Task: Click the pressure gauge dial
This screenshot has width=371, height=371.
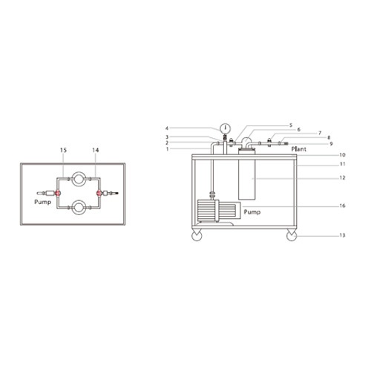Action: click(x=225, y=128)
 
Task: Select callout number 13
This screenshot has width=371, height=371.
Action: click(x=342, y=235)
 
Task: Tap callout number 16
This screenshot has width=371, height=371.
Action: click(x=342, y=206)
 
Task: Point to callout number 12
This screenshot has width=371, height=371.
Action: click(x=342, y=177)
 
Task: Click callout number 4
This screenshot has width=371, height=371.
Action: click(x=167, y=128)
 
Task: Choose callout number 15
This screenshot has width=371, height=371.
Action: click(x=63, y=150)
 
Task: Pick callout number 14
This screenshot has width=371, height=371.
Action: click(x=96, y=150)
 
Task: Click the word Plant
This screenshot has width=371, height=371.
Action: click(x=299, y=149)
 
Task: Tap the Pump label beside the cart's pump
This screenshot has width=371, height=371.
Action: click(x=252, y=212)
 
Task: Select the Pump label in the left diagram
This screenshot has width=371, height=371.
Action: click(x=42, y=202)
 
